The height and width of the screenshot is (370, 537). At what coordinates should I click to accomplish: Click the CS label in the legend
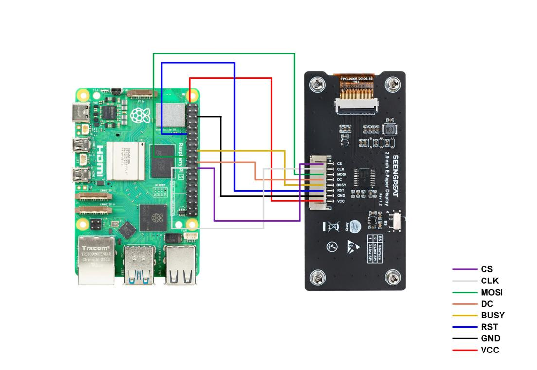[x=486, y=269]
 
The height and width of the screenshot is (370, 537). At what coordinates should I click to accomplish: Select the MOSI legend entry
[x=491, y=292]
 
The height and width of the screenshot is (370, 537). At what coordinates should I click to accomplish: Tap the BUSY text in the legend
[x=492, y=315]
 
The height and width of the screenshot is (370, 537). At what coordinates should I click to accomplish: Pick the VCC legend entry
[x=489, y=350]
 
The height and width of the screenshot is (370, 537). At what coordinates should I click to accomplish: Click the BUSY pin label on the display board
[x=341, y=185]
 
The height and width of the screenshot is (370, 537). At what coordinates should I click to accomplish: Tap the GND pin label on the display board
[x=340, y=195]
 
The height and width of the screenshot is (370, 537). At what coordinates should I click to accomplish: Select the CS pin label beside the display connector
[x=340, y=164]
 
